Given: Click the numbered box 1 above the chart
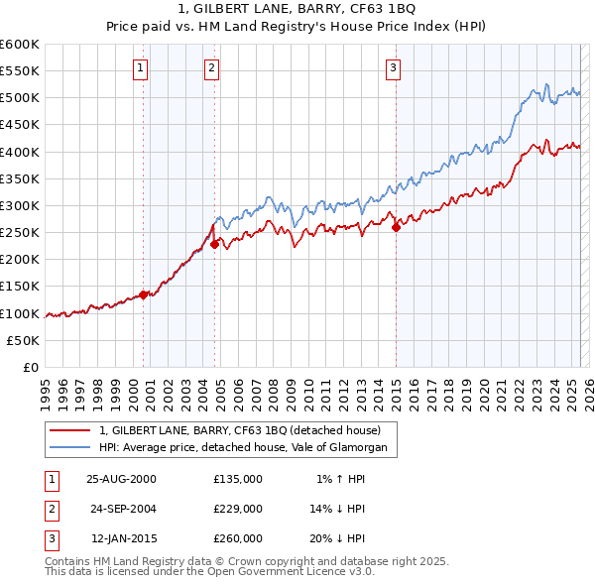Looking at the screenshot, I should coord(141,68).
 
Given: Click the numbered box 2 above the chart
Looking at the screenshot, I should coord(212,68).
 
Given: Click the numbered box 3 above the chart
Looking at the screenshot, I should coord(394,68).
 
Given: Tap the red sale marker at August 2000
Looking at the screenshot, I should coord(144,293).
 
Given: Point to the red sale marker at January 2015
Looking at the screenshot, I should coord(396,227).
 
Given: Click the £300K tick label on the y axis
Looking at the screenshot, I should coord(20,205).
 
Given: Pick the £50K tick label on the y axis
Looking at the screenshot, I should coord(24,340).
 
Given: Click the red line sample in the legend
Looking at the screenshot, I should coord(70,431).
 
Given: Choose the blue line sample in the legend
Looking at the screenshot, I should coord(70,448).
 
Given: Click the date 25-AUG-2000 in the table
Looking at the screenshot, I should coord(121,478).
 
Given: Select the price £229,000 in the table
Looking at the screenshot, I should coord(238,509).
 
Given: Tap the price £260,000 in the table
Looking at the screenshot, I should coord(238,538).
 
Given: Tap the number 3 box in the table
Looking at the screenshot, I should coord(49,538).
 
